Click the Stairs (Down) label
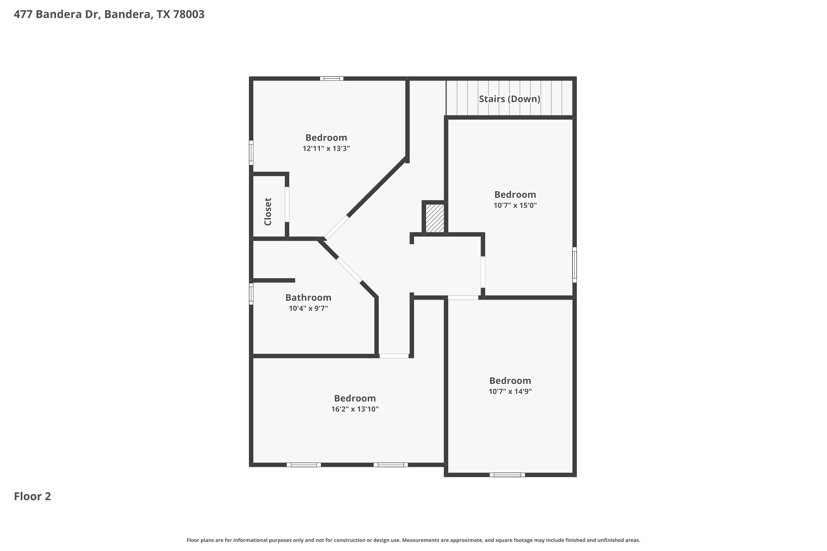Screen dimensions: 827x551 tap(509, 99)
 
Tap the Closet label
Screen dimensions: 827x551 tap(268, 212)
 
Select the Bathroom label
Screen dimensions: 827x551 tap(308, 298)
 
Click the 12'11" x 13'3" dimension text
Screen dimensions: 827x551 tap(326, 148)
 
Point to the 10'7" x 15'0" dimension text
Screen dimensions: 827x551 tap(515, 205)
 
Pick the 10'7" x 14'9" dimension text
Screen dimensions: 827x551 tap(510, 391)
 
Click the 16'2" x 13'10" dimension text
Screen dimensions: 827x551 tap(355, 409)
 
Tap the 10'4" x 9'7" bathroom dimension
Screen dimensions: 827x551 tap(308, 309)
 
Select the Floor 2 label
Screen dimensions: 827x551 tap(32, 496)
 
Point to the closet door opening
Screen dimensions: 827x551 tap(287, 204)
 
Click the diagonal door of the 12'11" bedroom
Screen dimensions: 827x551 tap(337, 228)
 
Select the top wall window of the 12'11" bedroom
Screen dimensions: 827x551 tap(332, 78)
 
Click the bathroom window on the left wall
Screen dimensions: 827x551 tap(251, 294)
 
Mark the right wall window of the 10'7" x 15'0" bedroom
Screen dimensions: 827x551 tap(574, 264)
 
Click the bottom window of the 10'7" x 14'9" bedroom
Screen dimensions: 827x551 tap(508, 475)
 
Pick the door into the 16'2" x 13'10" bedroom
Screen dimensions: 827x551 tap(394, 356)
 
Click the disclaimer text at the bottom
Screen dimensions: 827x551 tap(413, 540)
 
